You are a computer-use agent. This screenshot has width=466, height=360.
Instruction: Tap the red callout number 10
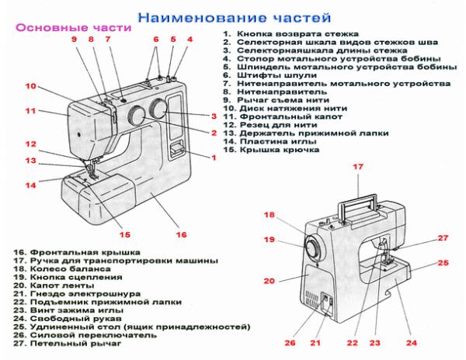coord(31,86)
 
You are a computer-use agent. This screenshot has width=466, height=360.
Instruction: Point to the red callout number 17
coord(358,167)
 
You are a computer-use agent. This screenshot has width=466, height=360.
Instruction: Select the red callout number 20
coord(270,281)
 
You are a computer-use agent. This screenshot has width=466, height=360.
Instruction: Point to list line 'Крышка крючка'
coord(277,150)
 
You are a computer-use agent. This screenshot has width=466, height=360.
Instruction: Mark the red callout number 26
coord(290,342)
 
